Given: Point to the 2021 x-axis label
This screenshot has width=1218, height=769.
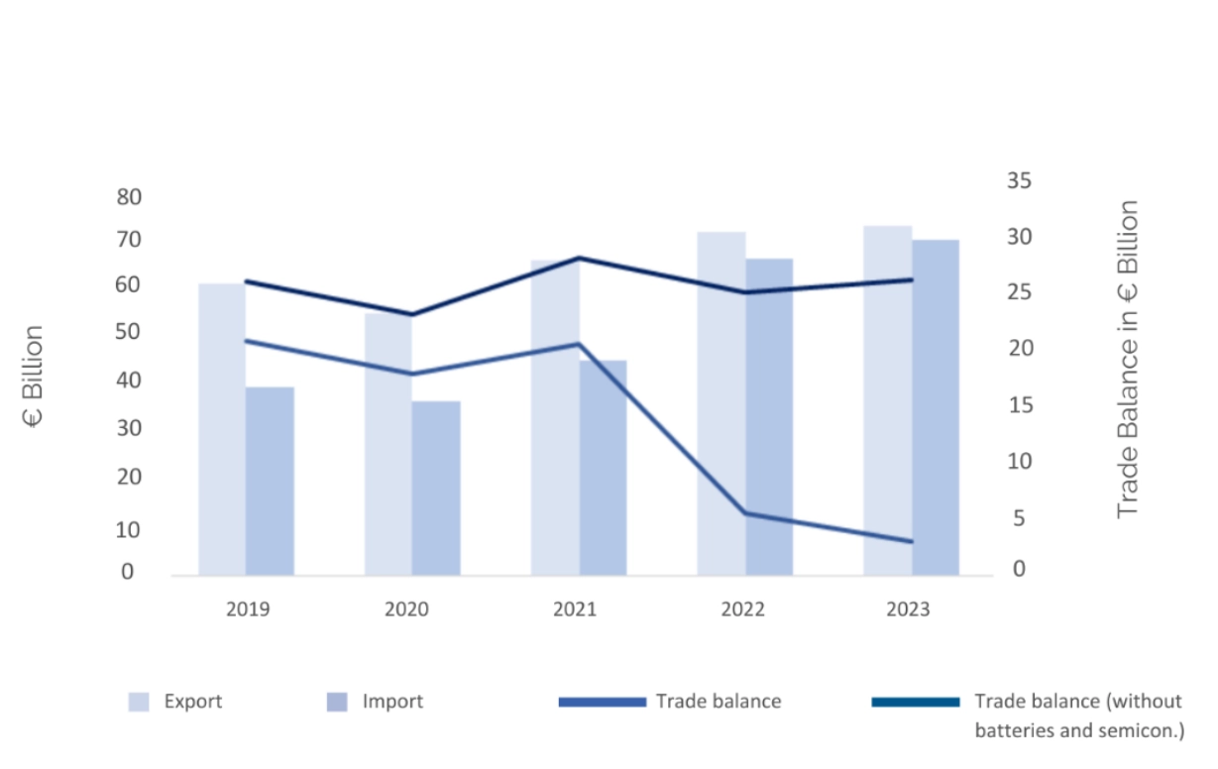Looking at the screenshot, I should coord(575,608).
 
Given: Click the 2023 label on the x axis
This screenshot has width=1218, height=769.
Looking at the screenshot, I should coord(908,608).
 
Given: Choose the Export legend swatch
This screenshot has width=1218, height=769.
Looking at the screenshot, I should coord(139,702).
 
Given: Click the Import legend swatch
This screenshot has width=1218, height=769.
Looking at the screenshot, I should coord(337,702).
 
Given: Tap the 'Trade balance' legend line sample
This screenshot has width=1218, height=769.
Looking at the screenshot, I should coord(602,702).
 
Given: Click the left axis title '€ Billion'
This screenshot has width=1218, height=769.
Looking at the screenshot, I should coord(34,377).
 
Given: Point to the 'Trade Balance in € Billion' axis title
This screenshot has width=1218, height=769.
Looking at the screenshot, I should coord(1128,359).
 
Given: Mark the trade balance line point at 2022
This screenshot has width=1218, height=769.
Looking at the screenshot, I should coord(745,513).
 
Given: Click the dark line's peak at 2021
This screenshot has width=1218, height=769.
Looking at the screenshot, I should coord(579,258).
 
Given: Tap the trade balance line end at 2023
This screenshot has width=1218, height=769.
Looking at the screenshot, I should coord(911,541).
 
